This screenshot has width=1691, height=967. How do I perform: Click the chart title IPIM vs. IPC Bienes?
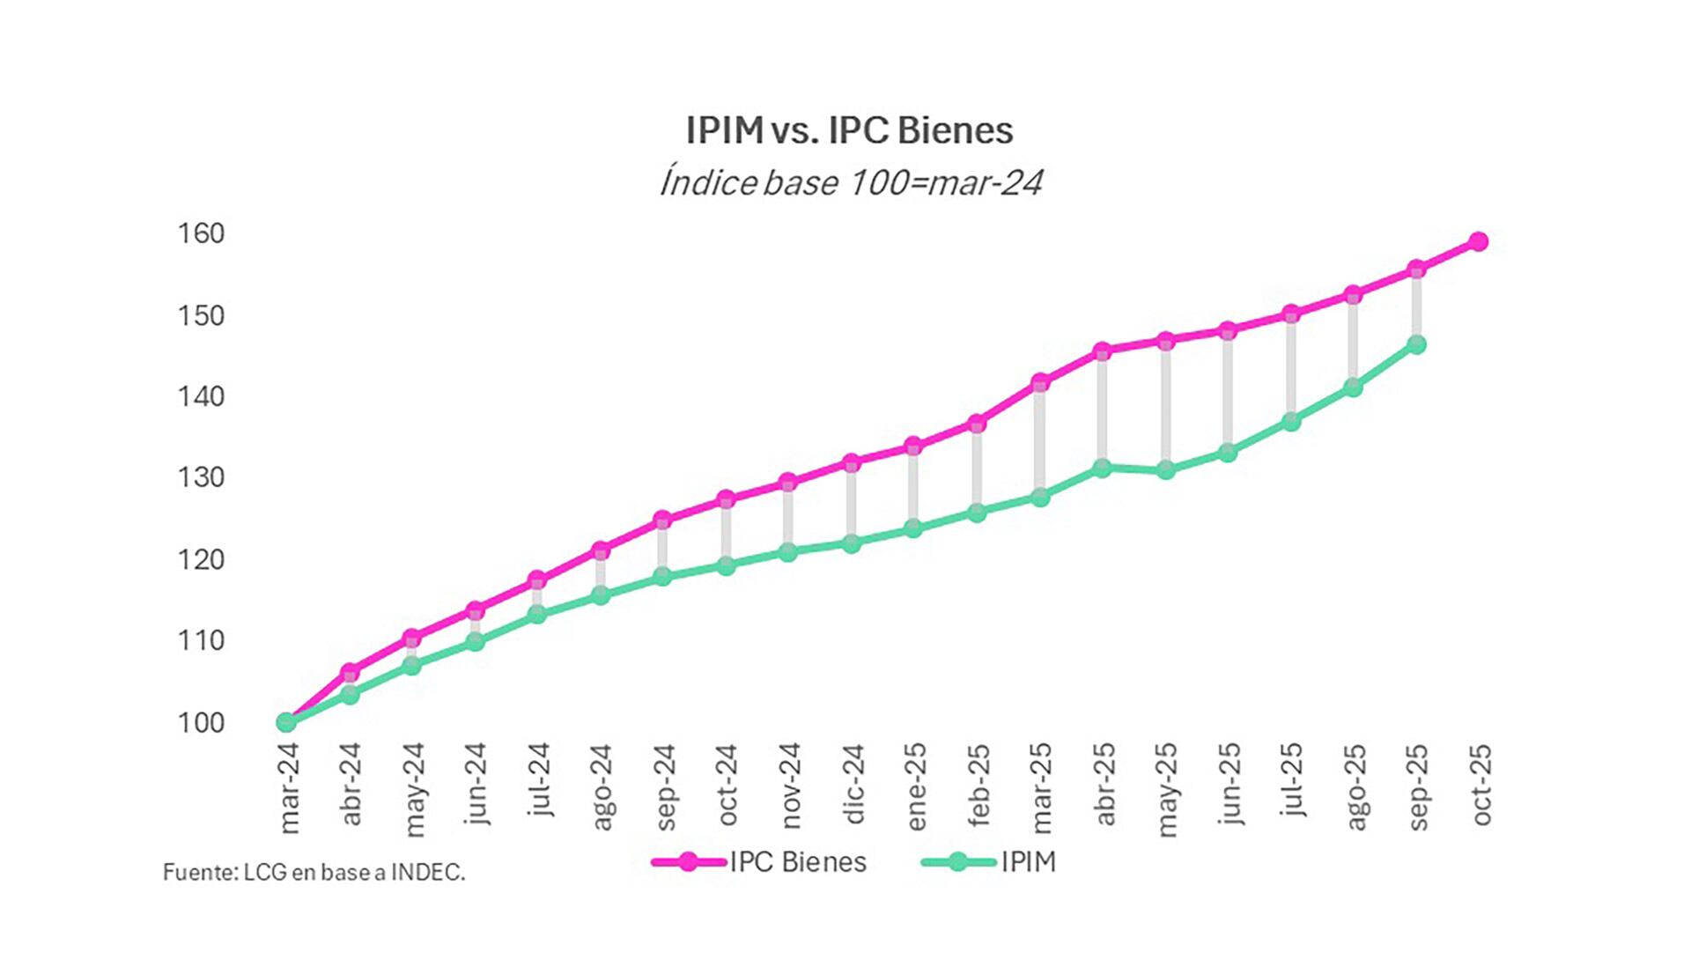pos(849,130)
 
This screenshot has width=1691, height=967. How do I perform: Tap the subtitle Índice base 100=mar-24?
pos(851,183)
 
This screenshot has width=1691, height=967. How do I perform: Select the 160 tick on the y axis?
pos(201,233)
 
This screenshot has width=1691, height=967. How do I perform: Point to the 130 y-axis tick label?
pos(201,477)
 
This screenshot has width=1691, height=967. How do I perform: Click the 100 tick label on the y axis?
pos(201,722)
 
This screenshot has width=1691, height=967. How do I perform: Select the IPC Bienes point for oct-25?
pos(1479,241)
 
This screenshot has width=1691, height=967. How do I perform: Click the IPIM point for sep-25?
pos(1416,344)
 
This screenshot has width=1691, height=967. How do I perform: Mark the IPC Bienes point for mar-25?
pos(1040,382)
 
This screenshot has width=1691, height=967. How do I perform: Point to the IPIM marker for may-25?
pos(1166,470)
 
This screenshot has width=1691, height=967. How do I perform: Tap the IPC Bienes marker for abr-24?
pos(350,672)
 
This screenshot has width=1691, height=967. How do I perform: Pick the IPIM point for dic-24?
pos(852,543)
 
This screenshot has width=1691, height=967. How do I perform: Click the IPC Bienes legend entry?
pos(759,861)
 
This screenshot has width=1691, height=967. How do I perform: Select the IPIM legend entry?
pos(988,861)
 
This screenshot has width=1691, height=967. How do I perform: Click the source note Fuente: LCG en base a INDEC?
pos(314,872)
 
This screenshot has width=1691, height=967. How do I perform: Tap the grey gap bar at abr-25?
pos(1102,410)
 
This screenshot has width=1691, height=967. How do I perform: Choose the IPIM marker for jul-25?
pos(1291,422)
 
